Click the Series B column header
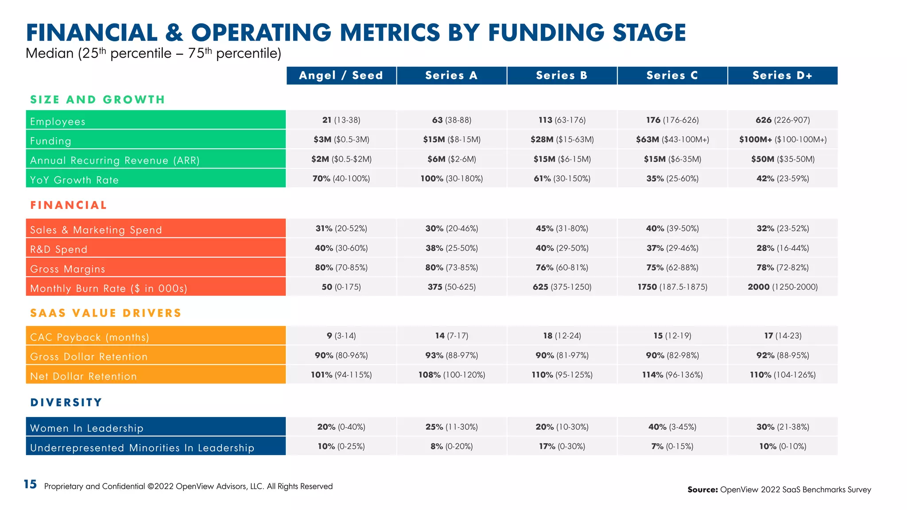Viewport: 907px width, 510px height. click(x=562, y=75)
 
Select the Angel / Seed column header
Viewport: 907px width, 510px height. click(x=341, y=75)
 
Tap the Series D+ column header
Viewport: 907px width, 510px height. click(x=783, y=75)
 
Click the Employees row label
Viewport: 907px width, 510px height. click(x=58, y=121)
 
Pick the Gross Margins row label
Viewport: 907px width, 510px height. click(x=67, y=269)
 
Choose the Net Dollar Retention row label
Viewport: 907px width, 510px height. click(x=83, y=376)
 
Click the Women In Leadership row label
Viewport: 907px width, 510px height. click(x=87, y=428)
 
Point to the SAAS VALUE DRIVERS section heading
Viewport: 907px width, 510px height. click(x=106, y=313)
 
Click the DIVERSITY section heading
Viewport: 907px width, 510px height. click(x=66, y=402)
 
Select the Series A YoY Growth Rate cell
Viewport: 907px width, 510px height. click(x=451, y=178)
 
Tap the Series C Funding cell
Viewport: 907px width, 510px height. click(x=672, y=139)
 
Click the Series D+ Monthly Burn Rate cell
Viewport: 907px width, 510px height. click(x=783, y=287)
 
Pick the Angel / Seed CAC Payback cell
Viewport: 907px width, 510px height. click(x=341, y=336)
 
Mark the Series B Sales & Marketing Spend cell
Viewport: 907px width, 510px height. click(x=562, y=228)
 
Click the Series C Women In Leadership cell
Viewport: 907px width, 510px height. click(x=672, y=427)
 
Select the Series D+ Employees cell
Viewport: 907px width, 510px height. click(x=783, y=120)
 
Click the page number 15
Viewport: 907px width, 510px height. click(x=30, y=484)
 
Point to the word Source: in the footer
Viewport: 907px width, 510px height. click(x=702, y=490)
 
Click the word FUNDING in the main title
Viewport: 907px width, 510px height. click(x=546, y=33)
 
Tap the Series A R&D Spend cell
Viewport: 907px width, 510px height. click(x=451, y=248)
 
